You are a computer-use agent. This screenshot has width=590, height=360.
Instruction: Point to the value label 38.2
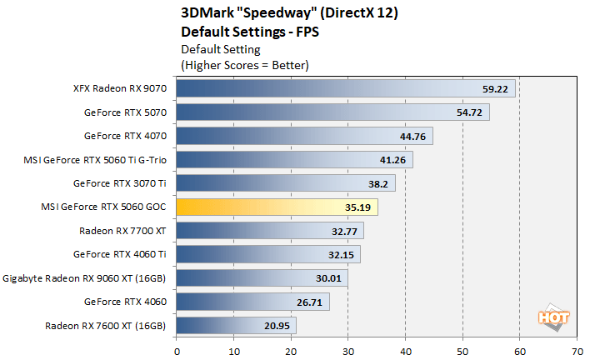click(380, 183)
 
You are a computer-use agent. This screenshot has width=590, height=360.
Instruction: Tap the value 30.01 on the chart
click(332, 278)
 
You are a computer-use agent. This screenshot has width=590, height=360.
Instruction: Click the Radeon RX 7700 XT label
click(122, 231)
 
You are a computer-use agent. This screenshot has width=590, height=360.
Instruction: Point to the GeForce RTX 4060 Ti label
click(120, 254)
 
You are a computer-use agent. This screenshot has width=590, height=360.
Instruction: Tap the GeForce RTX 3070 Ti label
click(120, 183)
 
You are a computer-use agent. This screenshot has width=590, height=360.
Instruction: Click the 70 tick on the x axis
click(577, 351)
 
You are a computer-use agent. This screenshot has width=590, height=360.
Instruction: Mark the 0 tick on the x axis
click(177, 351)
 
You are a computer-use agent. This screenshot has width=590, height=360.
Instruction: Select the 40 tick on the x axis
click(405, 351)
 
